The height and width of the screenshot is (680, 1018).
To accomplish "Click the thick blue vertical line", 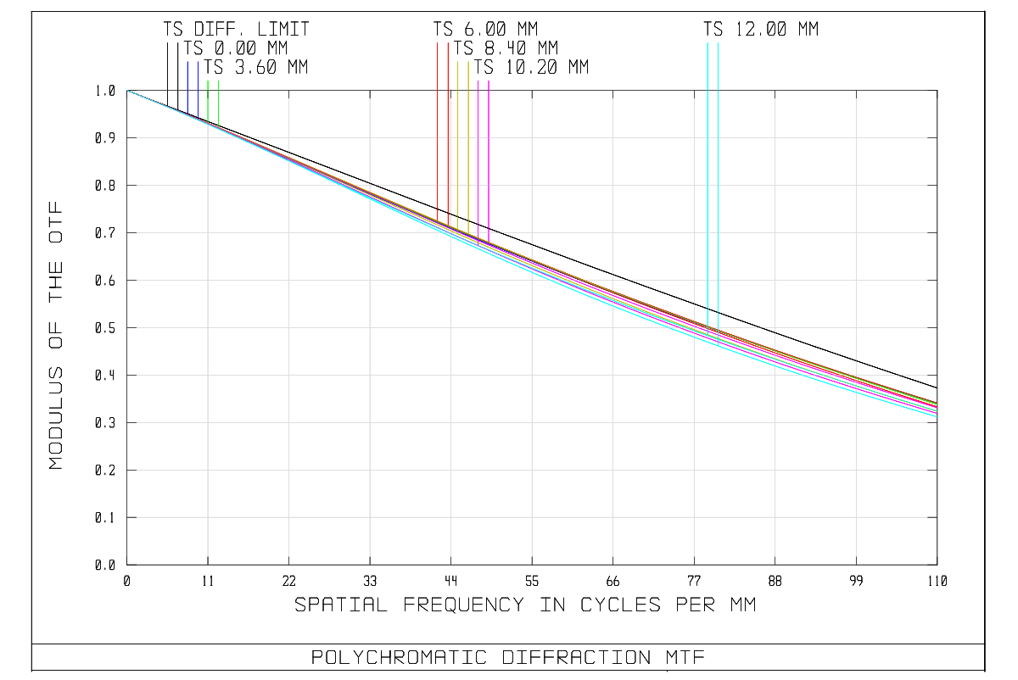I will coord(187,85).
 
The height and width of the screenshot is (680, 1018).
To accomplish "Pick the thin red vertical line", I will coord(438,127).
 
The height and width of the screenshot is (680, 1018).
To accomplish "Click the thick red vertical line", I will coord(448,127).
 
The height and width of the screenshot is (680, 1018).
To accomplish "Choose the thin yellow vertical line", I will coord(458,144).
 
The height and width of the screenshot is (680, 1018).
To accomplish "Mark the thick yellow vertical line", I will coord(468,144).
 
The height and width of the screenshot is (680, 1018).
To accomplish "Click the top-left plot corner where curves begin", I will coord(127,90).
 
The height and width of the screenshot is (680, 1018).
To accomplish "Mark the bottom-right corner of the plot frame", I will coord(937,564).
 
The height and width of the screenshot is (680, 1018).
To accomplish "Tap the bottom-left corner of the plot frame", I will coord(127,564).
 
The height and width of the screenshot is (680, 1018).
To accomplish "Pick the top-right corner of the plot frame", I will coord(937,90).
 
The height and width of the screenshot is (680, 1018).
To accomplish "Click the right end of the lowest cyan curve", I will coord(937,416).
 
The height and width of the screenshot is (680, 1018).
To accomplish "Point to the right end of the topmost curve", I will coord(937,402).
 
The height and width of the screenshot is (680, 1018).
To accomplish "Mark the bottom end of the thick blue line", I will coord(187,114).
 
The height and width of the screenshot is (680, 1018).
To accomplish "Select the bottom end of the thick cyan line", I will coord(708,336).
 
